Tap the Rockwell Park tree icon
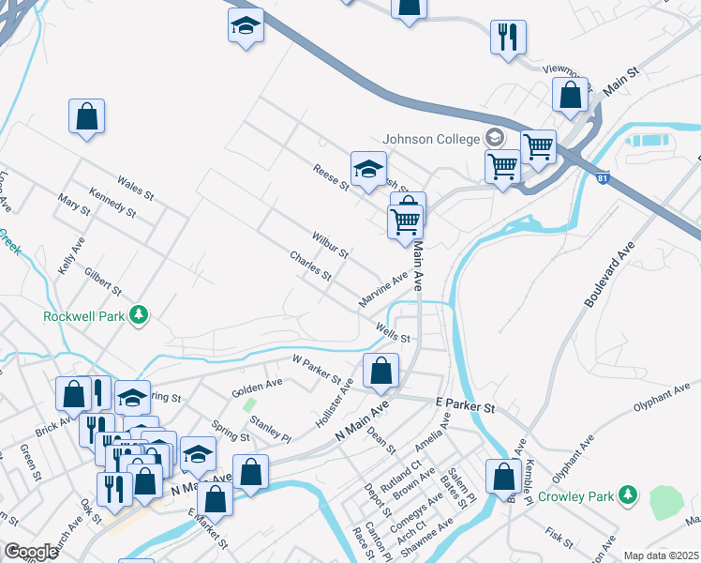140,314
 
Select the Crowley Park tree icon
628,494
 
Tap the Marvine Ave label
383,290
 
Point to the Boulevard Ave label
609,274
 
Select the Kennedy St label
112,203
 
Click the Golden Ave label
257,386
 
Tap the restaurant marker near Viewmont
508,38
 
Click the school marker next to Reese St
368,169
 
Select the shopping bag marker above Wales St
86,116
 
